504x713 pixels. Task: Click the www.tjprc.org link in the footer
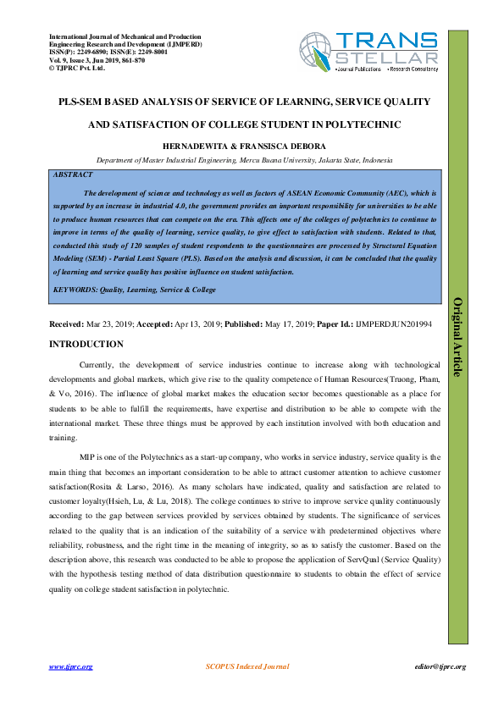pyautogui.click(x=70, y=666)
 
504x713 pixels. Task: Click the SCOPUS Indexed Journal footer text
pyautogui.click(x=247, y=666)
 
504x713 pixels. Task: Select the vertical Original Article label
pyautogui.click(x=458, y=337)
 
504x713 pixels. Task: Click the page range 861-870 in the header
pyautogui.click(x=130, y=60)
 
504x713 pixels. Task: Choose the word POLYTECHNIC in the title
pyautogui.click(x=362, y=124)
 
